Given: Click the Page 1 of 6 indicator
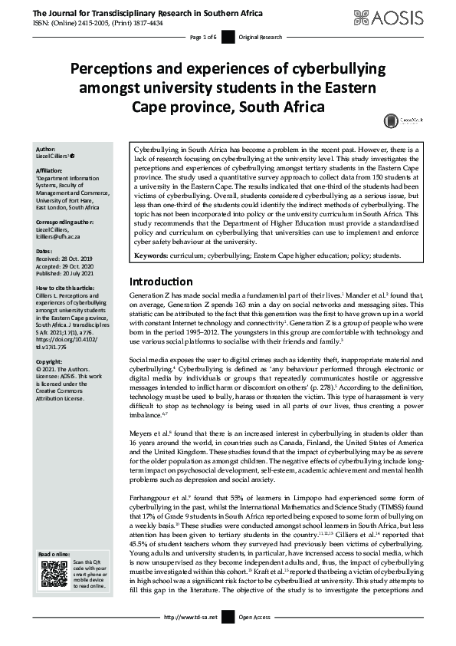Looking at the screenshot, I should coord(203,37).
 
